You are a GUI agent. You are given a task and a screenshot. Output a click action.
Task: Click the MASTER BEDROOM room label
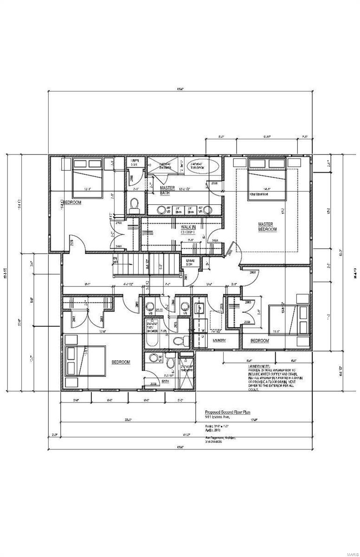point(267,227)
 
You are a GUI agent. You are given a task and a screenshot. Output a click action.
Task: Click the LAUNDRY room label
point(219,341)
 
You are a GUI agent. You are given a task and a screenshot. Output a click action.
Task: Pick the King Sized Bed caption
point(259,194)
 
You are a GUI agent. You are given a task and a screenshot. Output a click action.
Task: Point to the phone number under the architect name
point(214,441)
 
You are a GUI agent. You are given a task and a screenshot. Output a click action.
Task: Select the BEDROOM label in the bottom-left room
point(121,362)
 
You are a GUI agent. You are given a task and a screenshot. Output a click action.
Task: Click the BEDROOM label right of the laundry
point(260,341)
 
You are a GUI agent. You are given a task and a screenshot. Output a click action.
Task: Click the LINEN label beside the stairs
point(190,262)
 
